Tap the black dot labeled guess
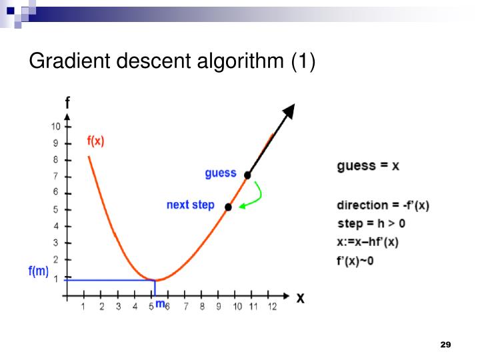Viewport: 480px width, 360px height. click(247, 175)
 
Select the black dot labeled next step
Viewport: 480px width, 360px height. click(228, 207)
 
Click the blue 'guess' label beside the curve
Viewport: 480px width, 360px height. click(221, 173)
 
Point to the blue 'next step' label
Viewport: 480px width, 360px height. click(191, 205)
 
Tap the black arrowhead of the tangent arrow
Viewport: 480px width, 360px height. click(289, 110)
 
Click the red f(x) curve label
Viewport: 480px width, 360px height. click(96, 141)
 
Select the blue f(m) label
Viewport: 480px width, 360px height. click(38, 271)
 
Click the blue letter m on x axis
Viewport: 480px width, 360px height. click(159, 305)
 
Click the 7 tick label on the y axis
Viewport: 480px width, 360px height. click(57, 176)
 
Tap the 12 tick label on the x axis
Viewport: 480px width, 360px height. click(271, 307)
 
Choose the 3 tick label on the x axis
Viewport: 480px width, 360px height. click(118, 307)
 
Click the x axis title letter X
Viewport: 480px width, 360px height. click(301, 298)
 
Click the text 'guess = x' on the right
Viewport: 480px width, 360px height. click(368, 165)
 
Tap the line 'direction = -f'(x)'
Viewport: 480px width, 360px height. click(383, 205)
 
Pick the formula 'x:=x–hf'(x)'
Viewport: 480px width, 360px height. click(368, 243)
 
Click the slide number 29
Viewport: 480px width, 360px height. click(446, 344)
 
